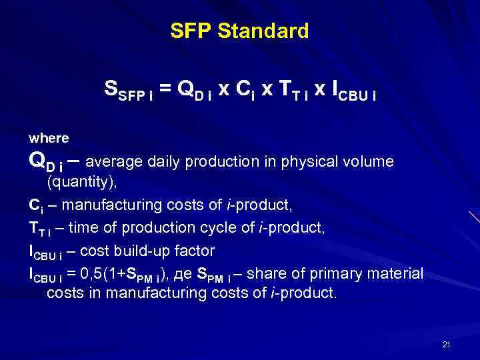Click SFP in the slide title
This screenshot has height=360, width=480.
click(x=191, y=31)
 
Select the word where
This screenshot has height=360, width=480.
click(x=49, y=138)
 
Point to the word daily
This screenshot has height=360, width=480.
click(x=165, y=161)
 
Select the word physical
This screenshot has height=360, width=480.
click(x=311, y=161)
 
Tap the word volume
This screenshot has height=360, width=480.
click(x=369, y=161)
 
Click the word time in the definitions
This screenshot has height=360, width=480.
click(x=85, y=229)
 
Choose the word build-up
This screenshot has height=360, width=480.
click(x=143, y=251)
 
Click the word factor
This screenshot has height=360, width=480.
click(x=194, y=251)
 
